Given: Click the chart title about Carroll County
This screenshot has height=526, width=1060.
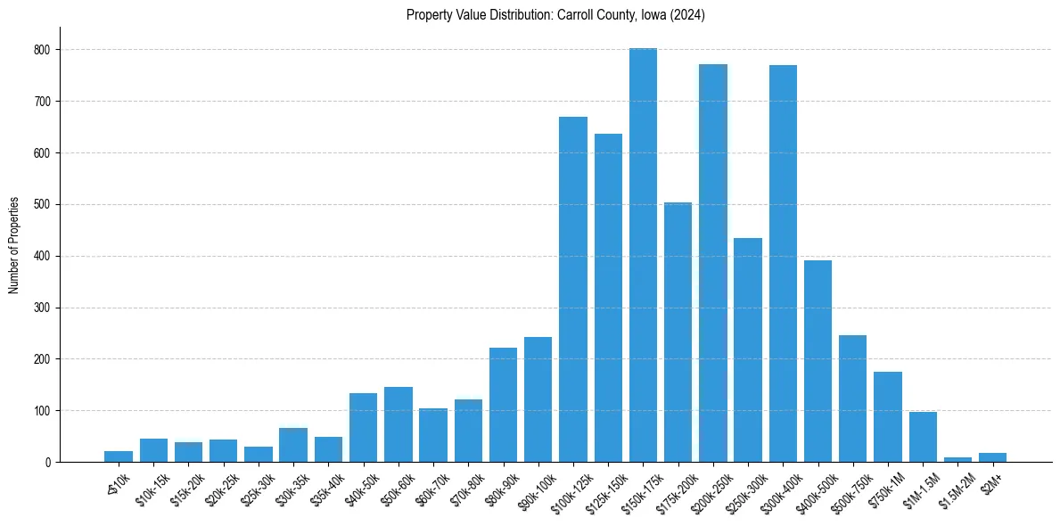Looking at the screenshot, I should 555,15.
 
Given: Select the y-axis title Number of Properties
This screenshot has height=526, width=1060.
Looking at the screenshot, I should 14,245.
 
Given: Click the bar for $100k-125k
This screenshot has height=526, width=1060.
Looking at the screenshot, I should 573,290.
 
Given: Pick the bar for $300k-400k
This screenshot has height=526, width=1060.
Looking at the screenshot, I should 783,264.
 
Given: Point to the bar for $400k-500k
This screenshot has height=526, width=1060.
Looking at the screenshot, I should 818,361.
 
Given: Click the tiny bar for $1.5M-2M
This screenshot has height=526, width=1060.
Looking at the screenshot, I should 957,459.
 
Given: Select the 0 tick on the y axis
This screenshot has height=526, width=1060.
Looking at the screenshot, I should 48,462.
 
